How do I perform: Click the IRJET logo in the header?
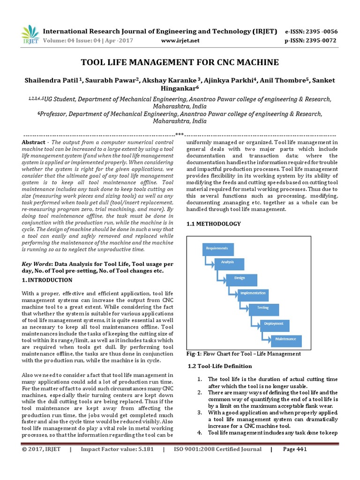click(x=29, y=35)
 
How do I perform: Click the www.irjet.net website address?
click(x=180, y=41)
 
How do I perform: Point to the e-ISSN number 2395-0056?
click(x=321, y=31)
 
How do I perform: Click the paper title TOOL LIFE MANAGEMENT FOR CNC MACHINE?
click(x=180, y=62)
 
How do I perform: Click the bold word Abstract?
click(x=34, y=142)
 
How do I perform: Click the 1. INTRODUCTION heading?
click(x=47, y=280)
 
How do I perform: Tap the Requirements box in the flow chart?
click(x=217, y=248)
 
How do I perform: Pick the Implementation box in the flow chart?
click(x=253, y=293)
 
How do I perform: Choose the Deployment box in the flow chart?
click(x=274, y=324)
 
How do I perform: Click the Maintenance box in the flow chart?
click(x=286, y=339)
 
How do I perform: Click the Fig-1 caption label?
click(x=194, y=354)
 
